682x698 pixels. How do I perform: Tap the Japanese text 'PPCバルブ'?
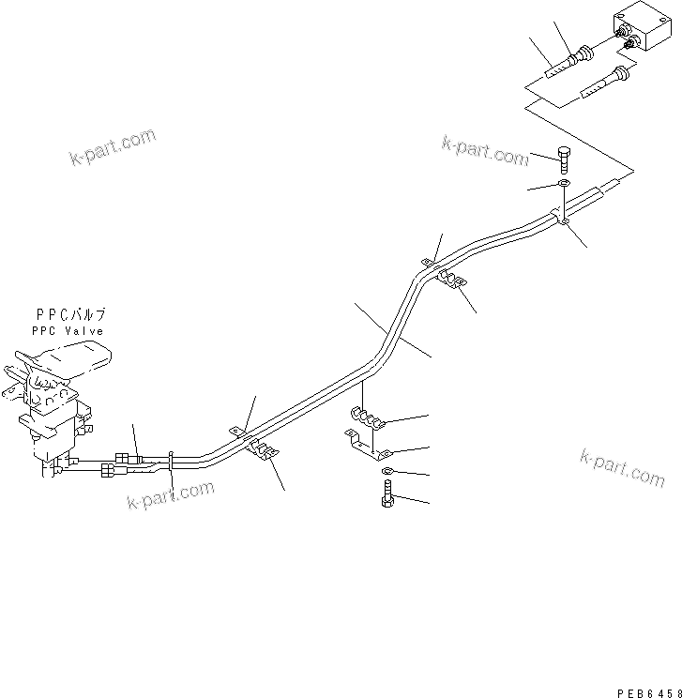70,315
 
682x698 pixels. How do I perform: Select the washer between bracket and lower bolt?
386,471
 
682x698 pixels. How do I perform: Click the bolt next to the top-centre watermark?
564,159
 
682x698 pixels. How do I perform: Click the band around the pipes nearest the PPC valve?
171,460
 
